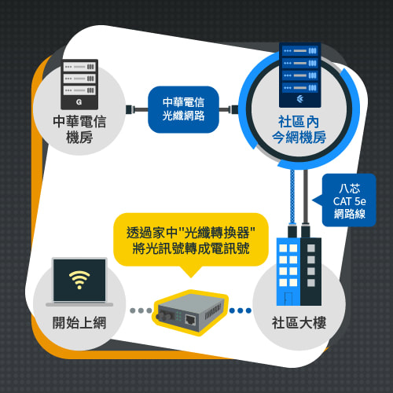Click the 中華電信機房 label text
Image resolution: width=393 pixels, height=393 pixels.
pos(79,130)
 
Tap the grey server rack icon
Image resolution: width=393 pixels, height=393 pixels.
pos(79,84)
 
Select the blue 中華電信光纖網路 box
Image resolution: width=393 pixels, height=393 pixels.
pos(183,109)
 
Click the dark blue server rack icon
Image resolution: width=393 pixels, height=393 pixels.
pos(300,75)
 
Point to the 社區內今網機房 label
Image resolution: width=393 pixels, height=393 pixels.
pos(299,130)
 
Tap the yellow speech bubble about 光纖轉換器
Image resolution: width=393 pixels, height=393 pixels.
pos(191,242)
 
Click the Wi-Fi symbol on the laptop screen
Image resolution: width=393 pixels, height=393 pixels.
pos(79,280)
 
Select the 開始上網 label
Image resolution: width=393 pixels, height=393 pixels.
pos(79,322)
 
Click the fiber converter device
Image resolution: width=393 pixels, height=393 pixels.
pos(191,312)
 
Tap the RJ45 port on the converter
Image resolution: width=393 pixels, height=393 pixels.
pos(190,320)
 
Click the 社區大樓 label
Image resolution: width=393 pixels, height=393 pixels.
pos(299,322)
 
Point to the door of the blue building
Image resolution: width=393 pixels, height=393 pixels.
pos(288,299)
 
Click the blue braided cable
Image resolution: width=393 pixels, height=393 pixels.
pos(292,196)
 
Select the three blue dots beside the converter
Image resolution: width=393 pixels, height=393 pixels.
pos(241,310)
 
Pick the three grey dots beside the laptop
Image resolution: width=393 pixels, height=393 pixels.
pos(141,310)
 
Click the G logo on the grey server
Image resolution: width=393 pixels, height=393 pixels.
pos(79,102)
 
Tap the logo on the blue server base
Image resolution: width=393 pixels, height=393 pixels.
pos(300,99)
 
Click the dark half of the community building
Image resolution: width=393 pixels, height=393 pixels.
pos(311,271)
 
